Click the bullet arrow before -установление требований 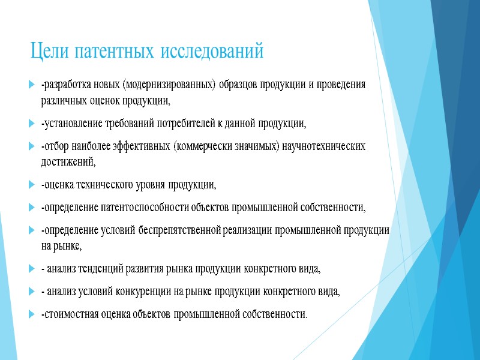(32, 125)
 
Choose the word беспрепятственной (180, 230)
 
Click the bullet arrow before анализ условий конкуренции (32, 292)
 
